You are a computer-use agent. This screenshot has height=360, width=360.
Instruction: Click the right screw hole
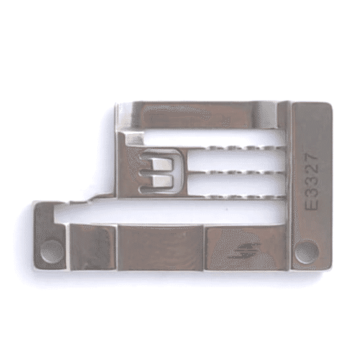tap(306, 251)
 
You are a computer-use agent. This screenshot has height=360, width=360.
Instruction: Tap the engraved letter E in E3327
tap(312, 204)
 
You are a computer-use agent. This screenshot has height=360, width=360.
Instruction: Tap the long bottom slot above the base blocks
tap(173, 211)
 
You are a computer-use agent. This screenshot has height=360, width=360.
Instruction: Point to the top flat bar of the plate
tap(202, 114)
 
